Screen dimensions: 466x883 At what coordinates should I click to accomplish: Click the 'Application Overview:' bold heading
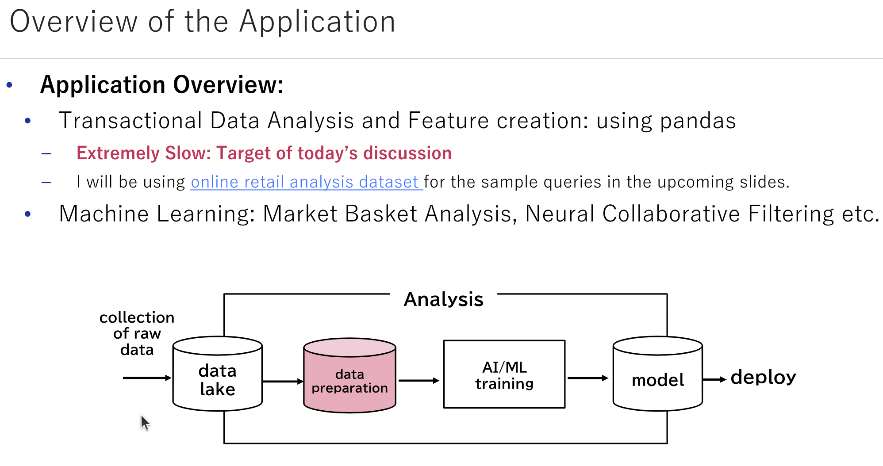pos(161,84)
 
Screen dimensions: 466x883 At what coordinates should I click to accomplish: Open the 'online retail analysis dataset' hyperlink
pos(305,182)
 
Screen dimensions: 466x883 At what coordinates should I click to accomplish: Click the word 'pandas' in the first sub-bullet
pos(698,120)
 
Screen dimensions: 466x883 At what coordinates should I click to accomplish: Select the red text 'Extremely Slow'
pos(144,153)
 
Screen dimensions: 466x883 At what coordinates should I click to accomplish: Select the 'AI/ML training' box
pos(504,374)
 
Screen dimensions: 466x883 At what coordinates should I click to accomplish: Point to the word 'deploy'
pos(763,377)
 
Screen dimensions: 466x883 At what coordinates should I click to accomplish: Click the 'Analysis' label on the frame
pos(443,299)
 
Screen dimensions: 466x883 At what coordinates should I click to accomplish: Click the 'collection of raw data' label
pos(137,333)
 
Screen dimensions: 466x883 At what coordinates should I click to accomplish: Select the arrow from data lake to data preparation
pos(283,381)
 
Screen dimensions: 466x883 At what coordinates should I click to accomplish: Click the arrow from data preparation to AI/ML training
pos(418,380)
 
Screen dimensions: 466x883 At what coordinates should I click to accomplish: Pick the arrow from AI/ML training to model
pos(587,378)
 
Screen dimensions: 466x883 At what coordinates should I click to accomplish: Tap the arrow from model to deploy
pos(714,379)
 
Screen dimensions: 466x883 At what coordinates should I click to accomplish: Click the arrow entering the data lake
pos(146,378)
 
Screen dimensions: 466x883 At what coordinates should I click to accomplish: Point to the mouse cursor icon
pos(145,422)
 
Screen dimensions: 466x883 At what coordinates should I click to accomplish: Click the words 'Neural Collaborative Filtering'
pos(680,214)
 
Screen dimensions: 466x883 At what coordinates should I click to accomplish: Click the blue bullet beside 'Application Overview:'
pos(9,84)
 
